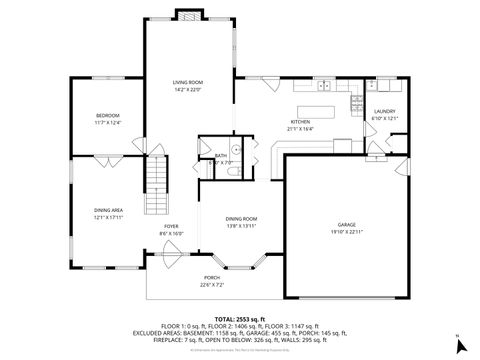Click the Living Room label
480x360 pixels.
pos(187,82)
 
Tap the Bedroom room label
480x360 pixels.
pos(107,116)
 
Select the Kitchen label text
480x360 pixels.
pos(300,122)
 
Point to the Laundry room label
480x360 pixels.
pos(385,112)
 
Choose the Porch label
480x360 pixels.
pos(212,277)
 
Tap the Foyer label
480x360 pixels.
pos(171,226)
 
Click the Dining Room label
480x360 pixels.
pos(241,219)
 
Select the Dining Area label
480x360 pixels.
pos(107,210)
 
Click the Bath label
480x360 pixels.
pos(220,156)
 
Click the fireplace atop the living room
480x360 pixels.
pos(187,15)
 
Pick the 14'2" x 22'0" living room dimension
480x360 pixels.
pos(187,89)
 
